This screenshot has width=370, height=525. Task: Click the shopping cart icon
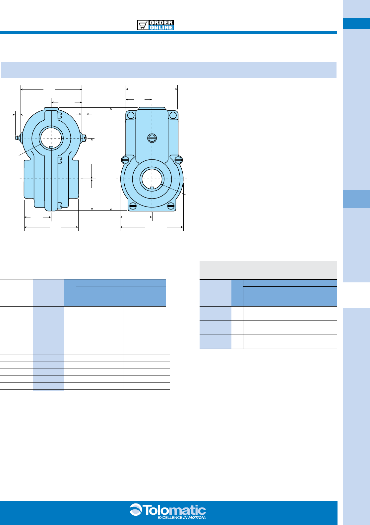143,25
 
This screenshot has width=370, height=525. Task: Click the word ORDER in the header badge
161,23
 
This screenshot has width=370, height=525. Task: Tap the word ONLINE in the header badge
161,28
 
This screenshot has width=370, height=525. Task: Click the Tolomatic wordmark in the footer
174,510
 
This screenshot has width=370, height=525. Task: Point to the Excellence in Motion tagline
182,517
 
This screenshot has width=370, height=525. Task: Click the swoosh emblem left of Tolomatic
136,509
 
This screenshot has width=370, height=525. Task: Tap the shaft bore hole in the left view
51,138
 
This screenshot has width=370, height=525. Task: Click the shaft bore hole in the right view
152,179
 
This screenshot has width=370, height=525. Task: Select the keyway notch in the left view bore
51,147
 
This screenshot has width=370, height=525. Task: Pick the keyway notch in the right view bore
152,188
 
